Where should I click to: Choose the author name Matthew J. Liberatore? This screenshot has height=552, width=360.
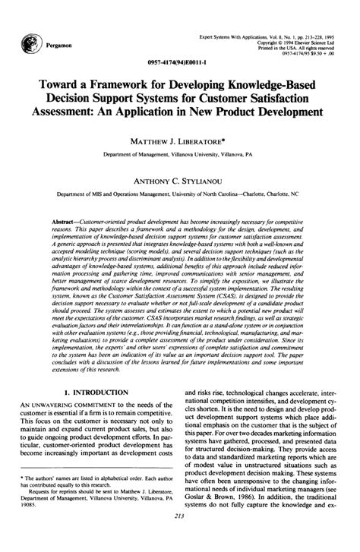coord(180,140)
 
